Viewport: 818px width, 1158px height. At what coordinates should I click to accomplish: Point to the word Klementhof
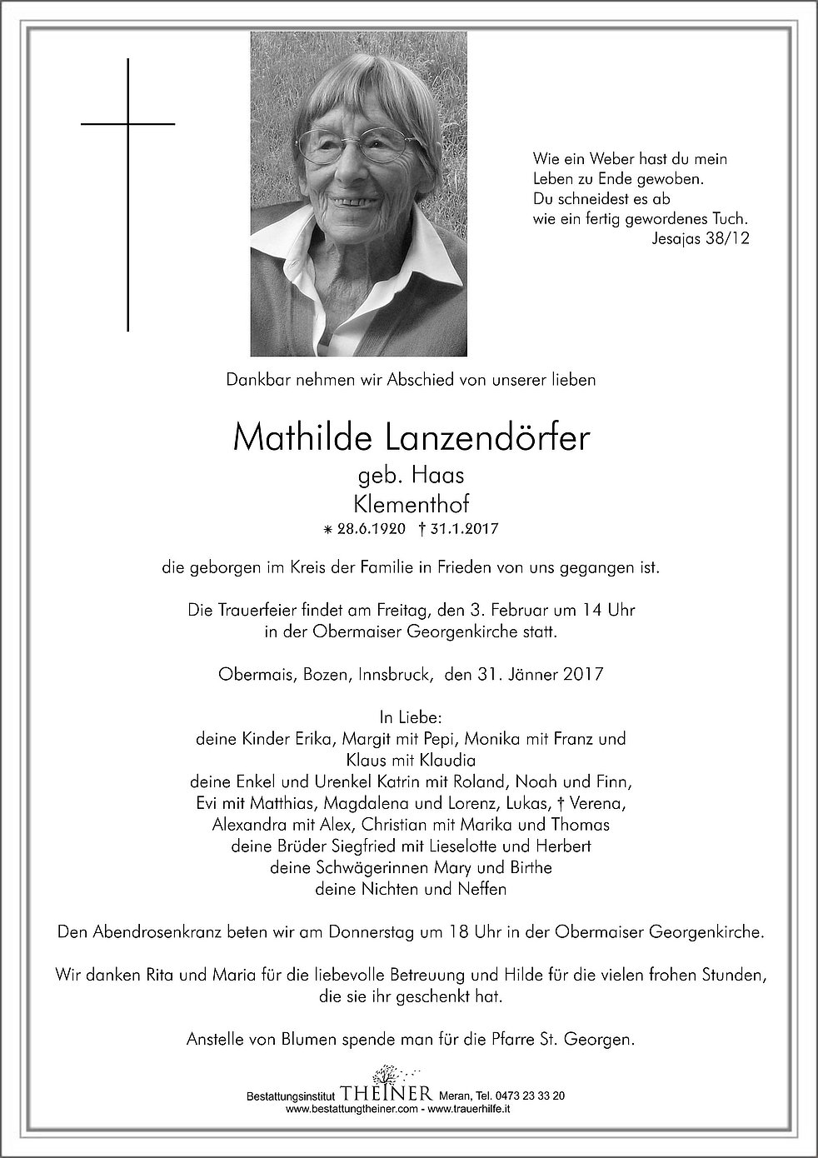[411, 503]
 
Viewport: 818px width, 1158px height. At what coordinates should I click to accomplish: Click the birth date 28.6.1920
[368, 529]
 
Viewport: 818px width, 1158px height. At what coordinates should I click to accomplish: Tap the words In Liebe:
[410, 717]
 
